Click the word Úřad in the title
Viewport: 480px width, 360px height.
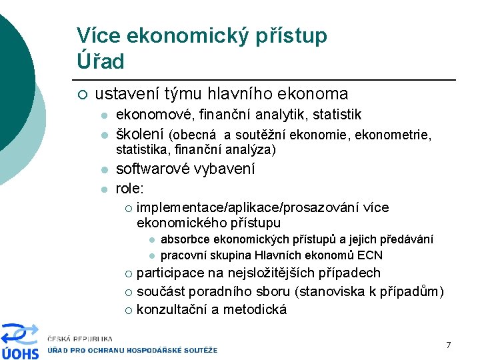[x=101, y=62]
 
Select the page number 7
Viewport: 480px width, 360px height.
[x=449, y=345]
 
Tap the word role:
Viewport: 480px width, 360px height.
[x=130, y=188]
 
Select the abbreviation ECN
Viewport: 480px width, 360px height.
[x=370, y=255]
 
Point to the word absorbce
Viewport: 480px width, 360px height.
[x=185, y=239]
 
